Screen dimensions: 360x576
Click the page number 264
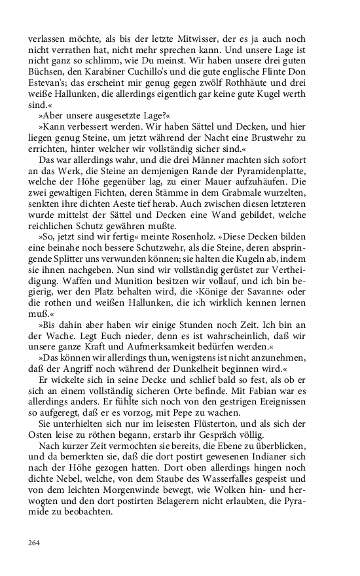(35, 543)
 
